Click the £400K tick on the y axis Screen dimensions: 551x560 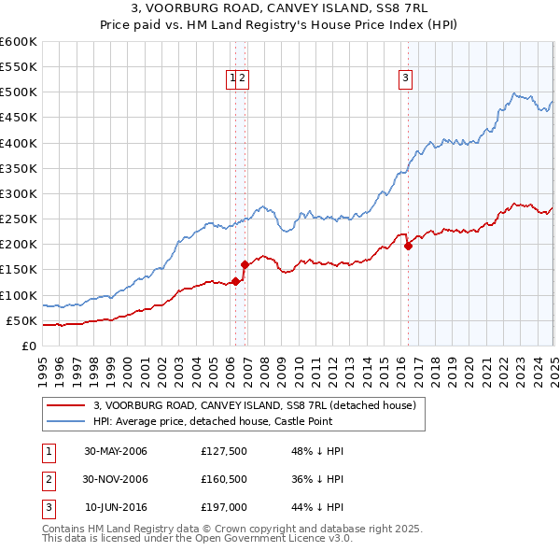click(x=19, y=143)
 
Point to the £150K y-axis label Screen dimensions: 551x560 click(x=19, y=270)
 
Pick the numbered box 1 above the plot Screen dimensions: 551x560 click(x=231, y=79)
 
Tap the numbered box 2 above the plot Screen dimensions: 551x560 click(x=242, y=79)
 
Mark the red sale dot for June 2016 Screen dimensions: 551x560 click(x=408, y=247)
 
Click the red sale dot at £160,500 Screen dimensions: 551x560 click(x=245, y=264)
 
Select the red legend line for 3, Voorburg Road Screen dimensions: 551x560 click(x=64, y=405)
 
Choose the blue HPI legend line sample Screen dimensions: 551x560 click(x=64, y=421)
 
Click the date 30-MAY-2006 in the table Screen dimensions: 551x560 click(x=116, y=451)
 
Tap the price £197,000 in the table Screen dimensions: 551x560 click(x=223, y=507)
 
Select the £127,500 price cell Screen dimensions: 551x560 click(x=223, y=451)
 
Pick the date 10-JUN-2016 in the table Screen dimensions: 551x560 click(x=116, y=507)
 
